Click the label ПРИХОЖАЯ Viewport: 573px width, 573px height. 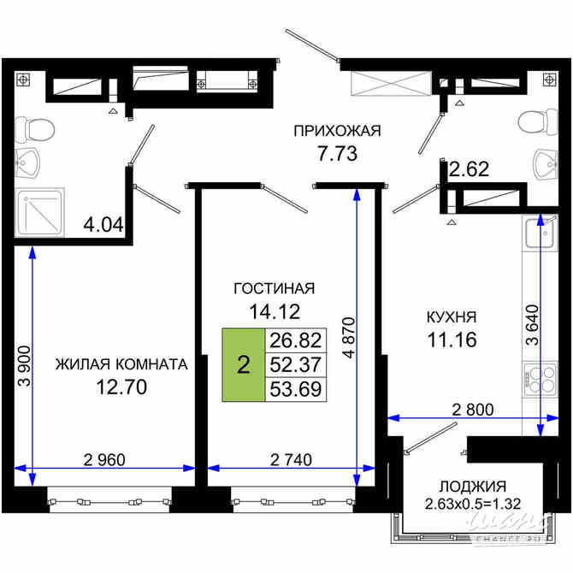click(x=336, y=131)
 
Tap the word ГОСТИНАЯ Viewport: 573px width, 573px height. click(x=275, y=288)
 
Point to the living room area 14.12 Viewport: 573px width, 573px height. click(x=275, y=311)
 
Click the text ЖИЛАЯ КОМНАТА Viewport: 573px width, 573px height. click(x=121, y=364)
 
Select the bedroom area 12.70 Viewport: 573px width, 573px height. click(x=121, y=387)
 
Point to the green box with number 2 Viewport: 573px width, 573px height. click(x=244, y=365)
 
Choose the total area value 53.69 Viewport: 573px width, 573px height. click(x=294, y=388)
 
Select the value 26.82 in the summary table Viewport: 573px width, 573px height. click(x=294, y=340)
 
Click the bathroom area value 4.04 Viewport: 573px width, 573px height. click(x=103, y=227)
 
